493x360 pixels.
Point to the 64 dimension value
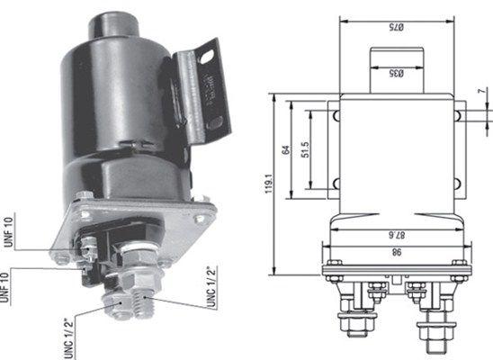[x=287, y=149]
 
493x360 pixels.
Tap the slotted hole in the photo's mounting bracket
[x=209, y=57]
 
